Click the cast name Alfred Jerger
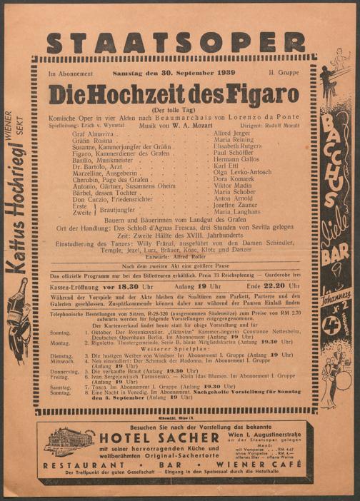pyautogui.click(x=232, y=133)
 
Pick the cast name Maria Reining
pyautogui.click(x=234, y=142)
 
